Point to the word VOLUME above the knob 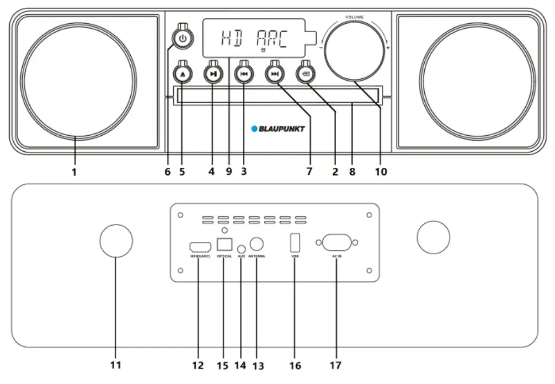354,18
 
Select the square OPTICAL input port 224,243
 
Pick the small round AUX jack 241,249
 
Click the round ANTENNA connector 257,244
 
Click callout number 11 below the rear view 116,365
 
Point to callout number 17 335,365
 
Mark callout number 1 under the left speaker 73,172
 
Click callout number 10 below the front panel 381,172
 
